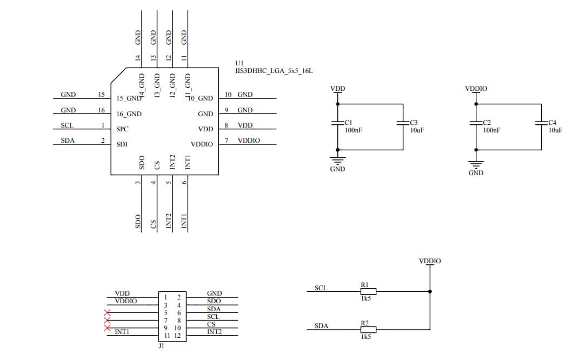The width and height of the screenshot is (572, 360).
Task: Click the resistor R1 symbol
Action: pyautogui.click(x=368, y=291)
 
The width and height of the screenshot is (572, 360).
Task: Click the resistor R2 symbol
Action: pyautogui.click(x=368, y=329)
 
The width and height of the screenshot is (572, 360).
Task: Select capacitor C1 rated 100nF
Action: pyautogui.click(x=337, y=124)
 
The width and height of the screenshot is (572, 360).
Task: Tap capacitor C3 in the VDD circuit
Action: pyautogui.click(x=403, y=124)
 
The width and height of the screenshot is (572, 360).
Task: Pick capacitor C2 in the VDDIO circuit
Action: pyautogui.click(x=476, y=124)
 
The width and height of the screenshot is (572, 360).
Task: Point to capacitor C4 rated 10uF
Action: pyautogui.click(x=542, y=124)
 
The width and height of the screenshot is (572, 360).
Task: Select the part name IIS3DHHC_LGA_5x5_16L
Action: pyautogui.click(x=274, y=71)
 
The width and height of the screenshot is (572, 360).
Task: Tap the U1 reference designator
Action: pyautogui.click(x=240, y=63)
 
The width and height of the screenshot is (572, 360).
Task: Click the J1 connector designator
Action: pyautogui.click(x=161, y=346)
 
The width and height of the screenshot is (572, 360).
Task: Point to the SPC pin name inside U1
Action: pyautogui.click(x=122, y=129)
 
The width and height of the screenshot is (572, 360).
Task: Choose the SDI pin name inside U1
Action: pyautogui.click(x=122, y=144)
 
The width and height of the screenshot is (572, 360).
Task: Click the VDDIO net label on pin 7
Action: pyautogui.click(x=249, y=141)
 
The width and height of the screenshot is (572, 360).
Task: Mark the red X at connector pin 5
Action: pyautogui.click(x=107, y=312)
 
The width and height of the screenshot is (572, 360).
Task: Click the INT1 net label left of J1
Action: pyautogui.click(x=122, y=331)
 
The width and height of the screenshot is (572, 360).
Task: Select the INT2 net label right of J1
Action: pyautogui.click(x=215, y=331)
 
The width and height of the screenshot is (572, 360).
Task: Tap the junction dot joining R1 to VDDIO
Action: pyautogui.click(x=430, y=291)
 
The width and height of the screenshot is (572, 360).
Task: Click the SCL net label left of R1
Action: pyautogui.click(x=321, y=288)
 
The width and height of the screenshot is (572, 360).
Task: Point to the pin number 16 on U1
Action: pyautogui.click(x=101, y=110)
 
